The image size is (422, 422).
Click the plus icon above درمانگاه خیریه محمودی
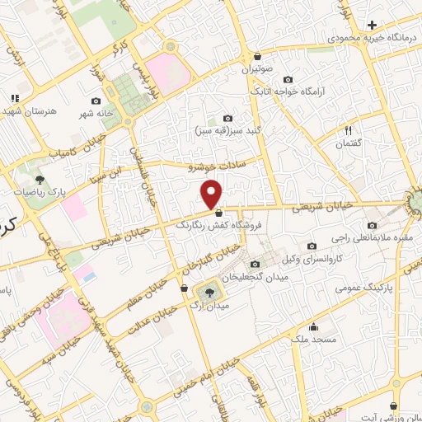tap(372, 26)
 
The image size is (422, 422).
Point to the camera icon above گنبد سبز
tap(227, 119)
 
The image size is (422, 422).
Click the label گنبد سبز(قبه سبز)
tap(227, 130)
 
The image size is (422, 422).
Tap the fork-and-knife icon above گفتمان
tap(347, 130)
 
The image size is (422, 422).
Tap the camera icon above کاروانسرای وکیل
tap(311, 246)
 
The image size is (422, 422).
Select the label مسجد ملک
tap(312, 339)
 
